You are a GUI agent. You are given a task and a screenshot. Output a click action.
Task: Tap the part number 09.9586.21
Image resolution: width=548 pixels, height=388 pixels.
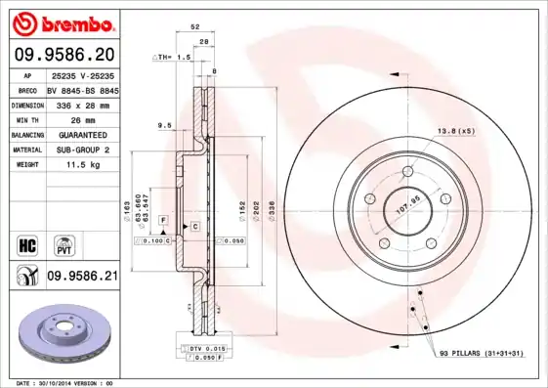[x=82, y=277]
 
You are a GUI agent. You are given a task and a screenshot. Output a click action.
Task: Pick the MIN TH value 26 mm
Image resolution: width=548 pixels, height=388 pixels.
[x=82, y=118]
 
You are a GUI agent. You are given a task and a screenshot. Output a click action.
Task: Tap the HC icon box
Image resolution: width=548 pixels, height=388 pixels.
[x=27, y=242]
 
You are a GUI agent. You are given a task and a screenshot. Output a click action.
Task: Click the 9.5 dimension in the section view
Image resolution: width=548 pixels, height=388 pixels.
[x=164, y=124]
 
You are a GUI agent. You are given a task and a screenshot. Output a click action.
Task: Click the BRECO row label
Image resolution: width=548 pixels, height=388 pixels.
[x=27, y=88]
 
